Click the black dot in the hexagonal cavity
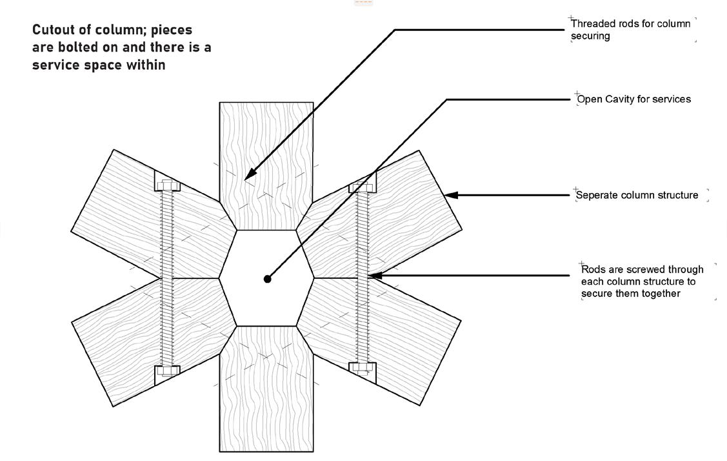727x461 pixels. click(268, 279)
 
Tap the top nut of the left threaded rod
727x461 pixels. click(167, 185)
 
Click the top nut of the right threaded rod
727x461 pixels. click(362, 187)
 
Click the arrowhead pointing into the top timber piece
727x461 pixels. click(250, 174)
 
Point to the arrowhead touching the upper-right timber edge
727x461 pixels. click(452, 195)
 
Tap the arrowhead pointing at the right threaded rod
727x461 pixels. click(375, 276)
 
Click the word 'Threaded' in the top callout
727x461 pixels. click(593, 24)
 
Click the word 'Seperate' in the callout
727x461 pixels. click(598, 196)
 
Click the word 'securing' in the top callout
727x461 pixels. click(590, 36)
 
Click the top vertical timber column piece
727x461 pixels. click(266, 166)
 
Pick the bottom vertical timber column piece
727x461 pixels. click(266, 389)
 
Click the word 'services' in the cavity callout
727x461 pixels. click(672, 99)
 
